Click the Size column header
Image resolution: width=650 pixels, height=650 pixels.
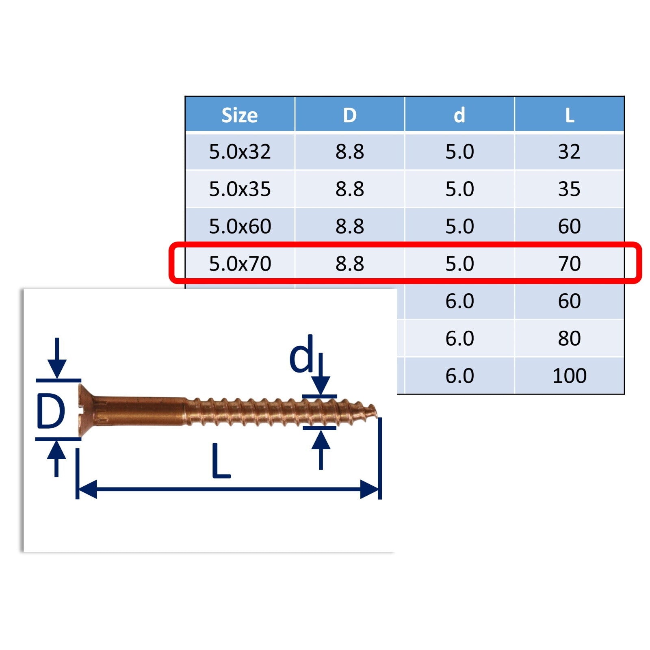[240, 115]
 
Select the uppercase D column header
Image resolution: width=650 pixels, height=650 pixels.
[350, 115]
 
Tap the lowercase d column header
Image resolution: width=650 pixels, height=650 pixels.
[459, 115]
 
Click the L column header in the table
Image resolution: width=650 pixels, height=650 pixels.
[570, 115]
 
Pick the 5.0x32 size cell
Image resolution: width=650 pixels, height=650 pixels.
[240, 152]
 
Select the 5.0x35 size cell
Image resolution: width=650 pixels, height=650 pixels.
[240, 189]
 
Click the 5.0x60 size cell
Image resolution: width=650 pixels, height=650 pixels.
[240, 226]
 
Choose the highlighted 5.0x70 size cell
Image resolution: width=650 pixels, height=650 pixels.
[240, 264]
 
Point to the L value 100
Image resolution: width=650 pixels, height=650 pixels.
[570, 376]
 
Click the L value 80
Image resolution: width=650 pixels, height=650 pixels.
[570, 338]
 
